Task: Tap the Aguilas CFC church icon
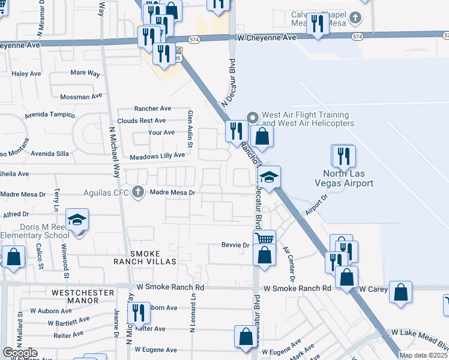click(x=138, y=193)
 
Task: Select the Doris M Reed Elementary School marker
click(x=77, y=221)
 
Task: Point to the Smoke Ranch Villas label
click(x=146, y=262)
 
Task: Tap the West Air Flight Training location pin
click(x=253, y=116)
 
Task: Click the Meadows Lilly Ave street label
click(x=157, y=155)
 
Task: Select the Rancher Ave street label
click(x=152, y=109)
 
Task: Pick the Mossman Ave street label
click(x=81, y=97)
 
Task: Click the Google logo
click(x=20, y=353)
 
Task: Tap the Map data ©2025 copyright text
click(x=423, y=355)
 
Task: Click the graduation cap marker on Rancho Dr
click(x=270, y=177)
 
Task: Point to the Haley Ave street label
click(x=25, y=74)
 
